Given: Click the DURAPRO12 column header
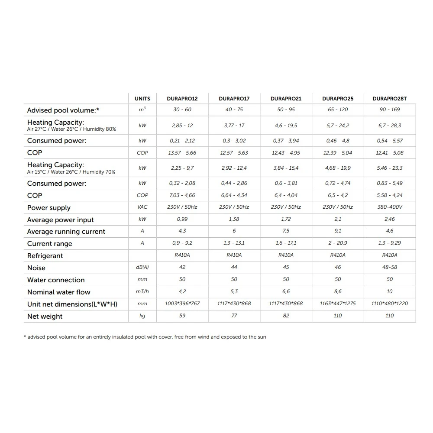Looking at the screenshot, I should click(182, 99).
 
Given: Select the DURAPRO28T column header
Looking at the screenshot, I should click(390, 99).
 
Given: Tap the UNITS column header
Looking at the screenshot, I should click(142, 99).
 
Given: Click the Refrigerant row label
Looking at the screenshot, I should click(45, 256).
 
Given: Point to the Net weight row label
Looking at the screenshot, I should click(45, 317).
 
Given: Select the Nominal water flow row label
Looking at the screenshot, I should click(59, 292).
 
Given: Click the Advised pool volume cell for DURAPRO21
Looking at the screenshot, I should click(286, 110).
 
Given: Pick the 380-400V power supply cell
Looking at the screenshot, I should click(390, 207).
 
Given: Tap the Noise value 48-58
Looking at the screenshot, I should click(390, 267).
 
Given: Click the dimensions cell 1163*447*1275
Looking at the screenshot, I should click(338, 304).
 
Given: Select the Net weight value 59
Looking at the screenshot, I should click(182, 316).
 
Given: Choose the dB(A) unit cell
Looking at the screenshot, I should click(142, 268).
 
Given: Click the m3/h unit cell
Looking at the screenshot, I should click(142, 292).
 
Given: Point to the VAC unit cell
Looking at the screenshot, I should click(142, 207).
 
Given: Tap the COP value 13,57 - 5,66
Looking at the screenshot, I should click(182, 153).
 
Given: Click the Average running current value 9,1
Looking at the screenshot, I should click(338, 231).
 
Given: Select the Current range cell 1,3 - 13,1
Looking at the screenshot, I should click(234, 243).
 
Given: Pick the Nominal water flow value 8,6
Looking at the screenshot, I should click(338, 292).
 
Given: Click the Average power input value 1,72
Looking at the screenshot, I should click(286, 219).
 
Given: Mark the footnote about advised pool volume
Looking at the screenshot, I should click(145, 337).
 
